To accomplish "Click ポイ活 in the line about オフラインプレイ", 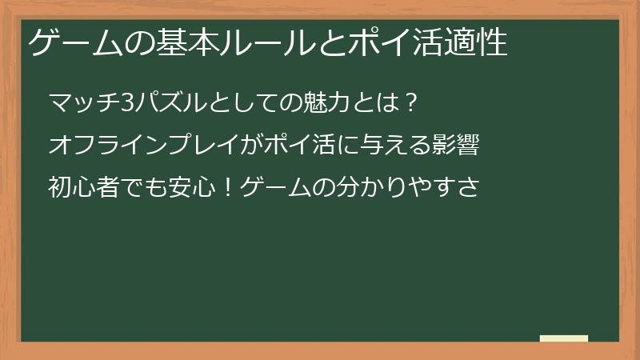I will (308, 146).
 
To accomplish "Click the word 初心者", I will (83, 189).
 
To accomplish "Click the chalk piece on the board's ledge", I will (564, 338).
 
